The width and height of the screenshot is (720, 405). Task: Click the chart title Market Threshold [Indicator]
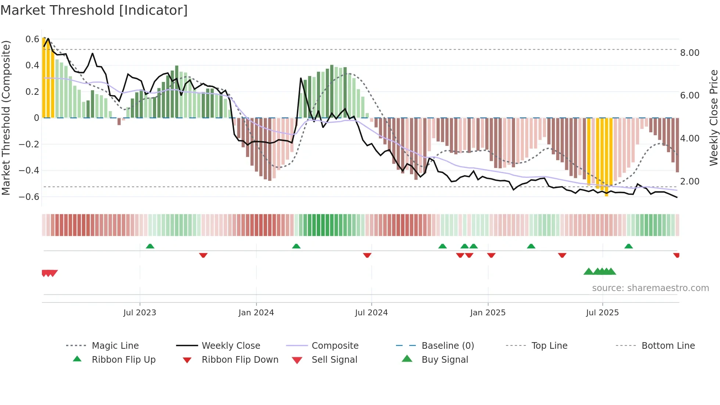(x=94, y=10)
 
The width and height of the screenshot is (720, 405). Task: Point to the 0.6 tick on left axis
(x=32, y=39)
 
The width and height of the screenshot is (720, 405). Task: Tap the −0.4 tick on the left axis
(x=29, y=171)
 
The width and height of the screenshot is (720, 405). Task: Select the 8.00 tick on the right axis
(x=690, y=53)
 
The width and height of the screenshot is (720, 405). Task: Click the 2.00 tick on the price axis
(x=690, y=182)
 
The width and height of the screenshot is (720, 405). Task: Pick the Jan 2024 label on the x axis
(x=256, y=313)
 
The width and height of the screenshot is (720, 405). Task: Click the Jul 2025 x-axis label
(x=602, y=313)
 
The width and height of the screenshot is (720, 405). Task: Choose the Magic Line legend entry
(x=115, y=346)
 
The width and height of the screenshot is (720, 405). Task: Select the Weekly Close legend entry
(x=231, y=346)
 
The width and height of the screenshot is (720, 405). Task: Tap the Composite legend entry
(x=335, y=346)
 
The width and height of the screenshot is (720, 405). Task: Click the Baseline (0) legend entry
(x=447, y=346)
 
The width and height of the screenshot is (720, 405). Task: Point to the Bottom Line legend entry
(x=668, y=346)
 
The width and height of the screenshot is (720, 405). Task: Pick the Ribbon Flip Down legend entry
(x=240, y=360)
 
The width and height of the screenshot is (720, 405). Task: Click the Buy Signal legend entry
(x=444, y=360)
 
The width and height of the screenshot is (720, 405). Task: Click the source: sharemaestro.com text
(x=650, y=288)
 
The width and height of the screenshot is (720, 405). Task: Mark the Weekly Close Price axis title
(x=713, y=118)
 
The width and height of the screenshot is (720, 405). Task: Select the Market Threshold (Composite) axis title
(x=6, y=118)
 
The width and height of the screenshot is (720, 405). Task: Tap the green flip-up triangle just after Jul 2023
(x=150, y=246)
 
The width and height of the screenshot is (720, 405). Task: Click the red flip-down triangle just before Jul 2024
(x=367, y=255)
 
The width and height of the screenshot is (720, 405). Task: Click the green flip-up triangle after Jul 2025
(x=629, y=246)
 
